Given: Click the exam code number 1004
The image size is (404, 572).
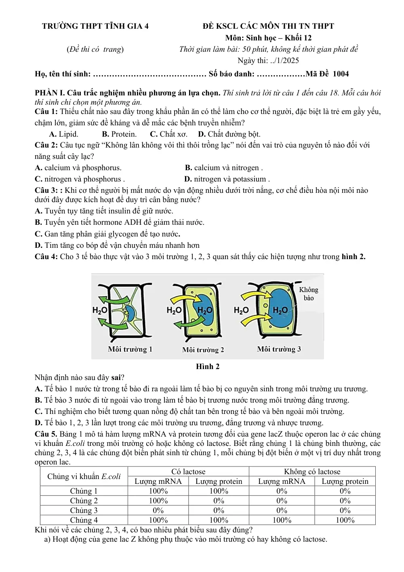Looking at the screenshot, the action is point(341,74).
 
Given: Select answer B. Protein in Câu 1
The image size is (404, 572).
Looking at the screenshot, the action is point(119,134).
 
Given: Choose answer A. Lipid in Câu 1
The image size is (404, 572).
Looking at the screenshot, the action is point(63,134).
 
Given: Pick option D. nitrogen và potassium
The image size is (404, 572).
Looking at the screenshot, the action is point(227,179).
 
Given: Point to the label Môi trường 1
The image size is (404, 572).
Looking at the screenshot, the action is point(130,349).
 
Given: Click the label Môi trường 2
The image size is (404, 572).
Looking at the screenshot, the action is point(203,350).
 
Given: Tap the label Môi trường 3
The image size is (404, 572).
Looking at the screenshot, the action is point(279,349).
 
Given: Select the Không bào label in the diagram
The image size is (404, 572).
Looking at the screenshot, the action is point(309,294).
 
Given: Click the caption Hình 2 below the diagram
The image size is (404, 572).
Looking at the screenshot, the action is point(208,366).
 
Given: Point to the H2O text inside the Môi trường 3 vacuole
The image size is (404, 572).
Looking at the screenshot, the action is point(280,310).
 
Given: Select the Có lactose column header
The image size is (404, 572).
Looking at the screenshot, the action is point(188,471).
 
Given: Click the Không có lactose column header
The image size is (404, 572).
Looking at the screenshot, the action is point(312,471).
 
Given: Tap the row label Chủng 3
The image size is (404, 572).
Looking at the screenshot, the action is point(84,510).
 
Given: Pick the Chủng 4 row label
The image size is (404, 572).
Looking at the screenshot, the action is point(84,520).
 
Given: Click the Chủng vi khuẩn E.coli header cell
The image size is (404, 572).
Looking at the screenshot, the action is point(84,476).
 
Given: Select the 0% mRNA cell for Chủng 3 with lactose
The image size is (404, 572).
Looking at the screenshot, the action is point(158,510).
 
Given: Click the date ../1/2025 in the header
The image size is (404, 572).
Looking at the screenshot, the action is point(283,61).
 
